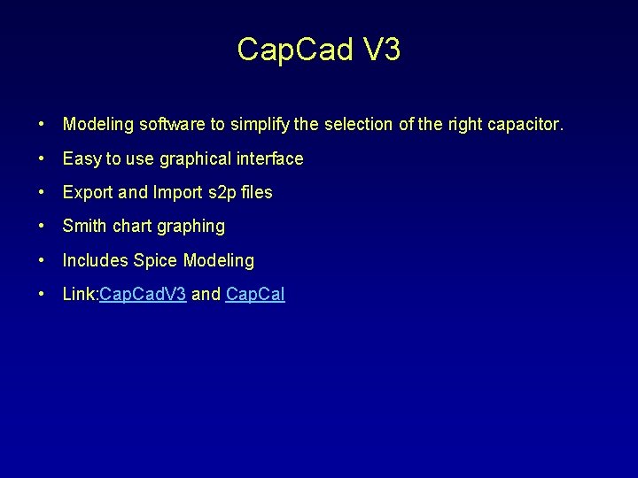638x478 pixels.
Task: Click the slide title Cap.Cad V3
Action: tap(319, 50)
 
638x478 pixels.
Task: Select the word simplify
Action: tap(260, 125)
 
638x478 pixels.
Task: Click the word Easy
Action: tap(82, 159)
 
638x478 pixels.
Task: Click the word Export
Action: tap(88, 193)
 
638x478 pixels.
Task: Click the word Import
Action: tap(180, 193)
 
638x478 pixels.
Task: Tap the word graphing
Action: tap(191, 227)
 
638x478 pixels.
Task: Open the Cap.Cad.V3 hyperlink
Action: tap(143, 295)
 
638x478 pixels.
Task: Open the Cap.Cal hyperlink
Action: tap(255, 295)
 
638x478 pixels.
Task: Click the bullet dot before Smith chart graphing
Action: tap(42, 227)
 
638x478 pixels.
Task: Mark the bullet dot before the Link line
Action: tap(42, 295)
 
